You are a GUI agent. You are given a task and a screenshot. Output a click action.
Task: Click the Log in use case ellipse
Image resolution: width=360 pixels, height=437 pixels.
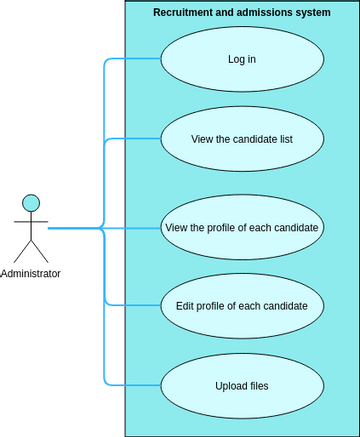(x=241, y=59)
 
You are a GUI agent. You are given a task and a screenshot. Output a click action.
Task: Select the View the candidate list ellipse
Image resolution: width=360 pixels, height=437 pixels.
(x=241, y=138)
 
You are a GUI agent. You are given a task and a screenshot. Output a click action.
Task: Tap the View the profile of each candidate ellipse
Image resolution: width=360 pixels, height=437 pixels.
(x=241, y=227)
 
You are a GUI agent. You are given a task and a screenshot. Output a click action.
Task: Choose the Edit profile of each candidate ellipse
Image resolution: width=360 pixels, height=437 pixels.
(x=241, y=305)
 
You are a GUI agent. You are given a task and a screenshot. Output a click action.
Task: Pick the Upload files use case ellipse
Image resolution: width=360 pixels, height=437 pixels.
(x=241, y=385)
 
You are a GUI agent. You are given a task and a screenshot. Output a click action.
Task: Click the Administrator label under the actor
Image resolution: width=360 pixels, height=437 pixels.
(x=31, y=274)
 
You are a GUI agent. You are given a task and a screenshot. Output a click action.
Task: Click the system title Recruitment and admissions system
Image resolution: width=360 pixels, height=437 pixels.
(x=241, y=13)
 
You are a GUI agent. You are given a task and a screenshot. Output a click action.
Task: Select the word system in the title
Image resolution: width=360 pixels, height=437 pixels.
(x=311, y=13)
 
